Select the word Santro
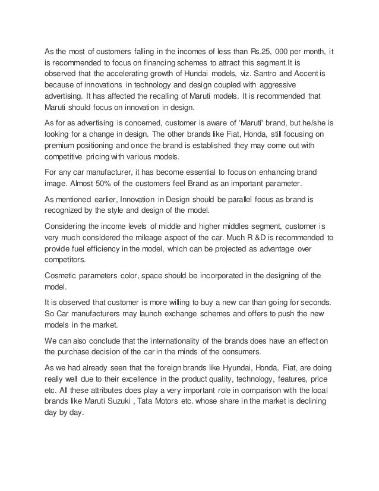point(273,74)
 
